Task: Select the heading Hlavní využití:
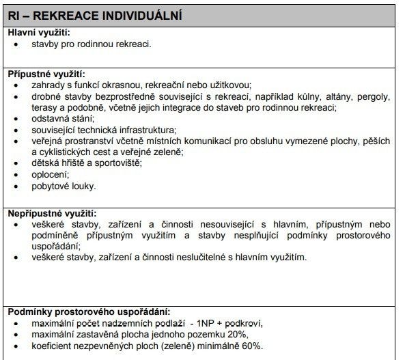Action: tap(39, 32)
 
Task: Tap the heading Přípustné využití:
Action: tap(46, 74)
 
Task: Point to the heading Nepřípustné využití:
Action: tap(51, 214)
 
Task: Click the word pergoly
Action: tap(376, 96)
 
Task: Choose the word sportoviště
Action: tap(116, 163)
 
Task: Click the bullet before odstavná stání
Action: tap(16, 119)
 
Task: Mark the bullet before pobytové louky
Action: tap(16, 185)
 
